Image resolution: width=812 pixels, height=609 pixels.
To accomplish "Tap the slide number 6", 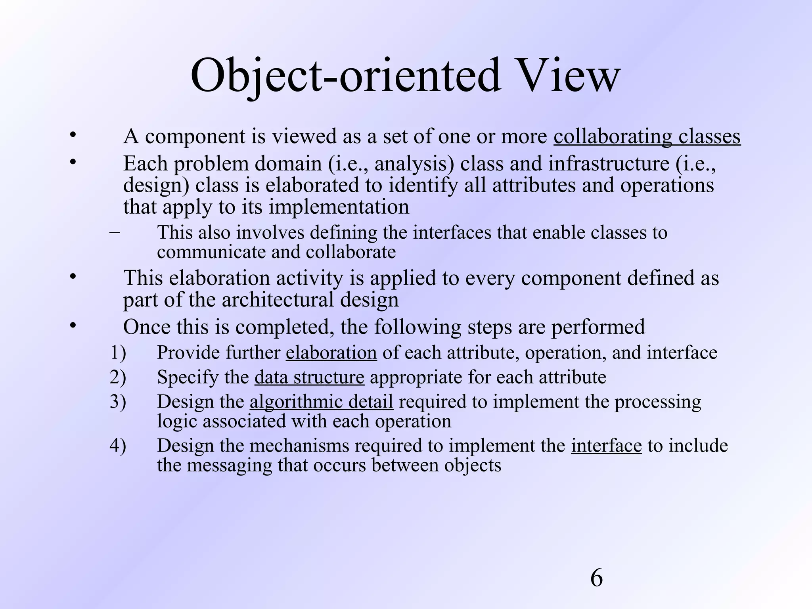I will [x=596, y=578].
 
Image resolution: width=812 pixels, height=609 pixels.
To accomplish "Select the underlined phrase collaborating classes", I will [x=647, y=136].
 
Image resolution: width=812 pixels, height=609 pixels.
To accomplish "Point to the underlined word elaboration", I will [x=331, y=352].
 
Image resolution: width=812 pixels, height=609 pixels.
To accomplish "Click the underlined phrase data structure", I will [x=309, y=377].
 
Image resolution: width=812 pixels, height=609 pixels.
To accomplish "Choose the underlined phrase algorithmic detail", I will [x=321, y=402].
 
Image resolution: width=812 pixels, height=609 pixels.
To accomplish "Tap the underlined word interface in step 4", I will [x=606, y=446].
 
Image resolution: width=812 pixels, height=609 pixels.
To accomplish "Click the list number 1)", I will [x=118, y=352].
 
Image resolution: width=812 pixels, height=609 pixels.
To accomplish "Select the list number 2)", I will [x=118, y=377].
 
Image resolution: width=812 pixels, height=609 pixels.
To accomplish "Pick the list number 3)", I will [x=118, y=402].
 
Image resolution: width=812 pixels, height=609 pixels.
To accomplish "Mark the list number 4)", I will [x=118, y=446].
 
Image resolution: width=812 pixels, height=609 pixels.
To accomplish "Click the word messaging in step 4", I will [x=229, y=465].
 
